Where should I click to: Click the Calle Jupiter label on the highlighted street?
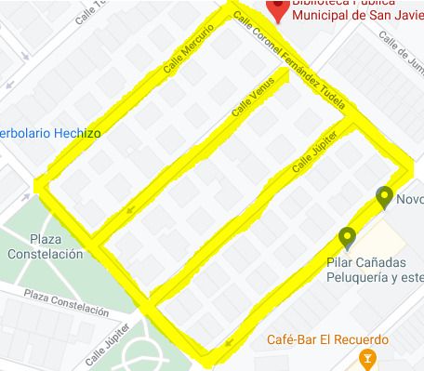point(311,153)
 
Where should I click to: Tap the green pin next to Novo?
point(384,197)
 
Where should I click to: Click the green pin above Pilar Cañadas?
point(347,238)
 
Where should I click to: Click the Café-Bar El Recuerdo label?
point(325,339)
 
